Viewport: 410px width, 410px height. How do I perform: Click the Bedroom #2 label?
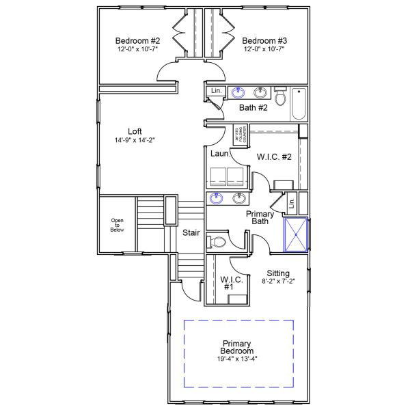[x=137, y=40]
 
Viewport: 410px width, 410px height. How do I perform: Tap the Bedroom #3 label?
[x=264, y=40]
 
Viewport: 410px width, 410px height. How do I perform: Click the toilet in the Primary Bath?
[x=218, y=242]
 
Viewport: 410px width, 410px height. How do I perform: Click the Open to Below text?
[x=118, y=225]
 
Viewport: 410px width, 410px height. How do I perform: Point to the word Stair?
[x=191, y=233]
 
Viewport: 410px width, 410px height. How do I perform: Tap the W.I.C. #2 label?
[x=275, y=157]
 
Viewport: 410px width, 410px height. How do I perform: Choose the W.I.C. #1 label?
[x=228, y=283]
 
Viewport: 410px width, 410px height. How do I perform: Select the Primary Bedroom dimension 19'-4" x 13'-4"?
[x=237, y=358]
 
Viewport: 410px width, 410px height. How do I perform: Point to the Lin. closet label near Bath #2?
[x=216, y=91]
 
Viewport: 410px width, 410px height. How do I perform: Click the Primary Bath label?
[x=260, y=217]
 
